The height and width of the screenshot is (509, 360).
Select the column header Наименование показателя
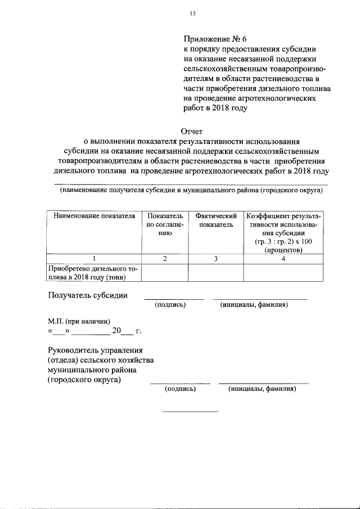pos(94,215)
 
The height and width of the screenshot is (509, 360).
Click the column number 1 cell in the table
pos(94,259)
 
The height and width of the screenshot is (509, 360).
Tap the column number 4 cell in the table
pos(283,259)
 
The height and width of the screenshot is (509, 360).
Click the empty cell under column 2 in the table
pos(165,272)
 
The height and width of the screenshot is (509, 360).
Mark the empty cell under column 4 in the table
pos(283,272)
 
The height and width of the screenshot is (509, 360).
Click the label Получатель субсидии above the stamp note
pos(87,295)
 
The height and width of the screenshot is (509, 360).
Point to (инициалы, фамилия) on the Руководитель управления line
pos(262,389)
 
